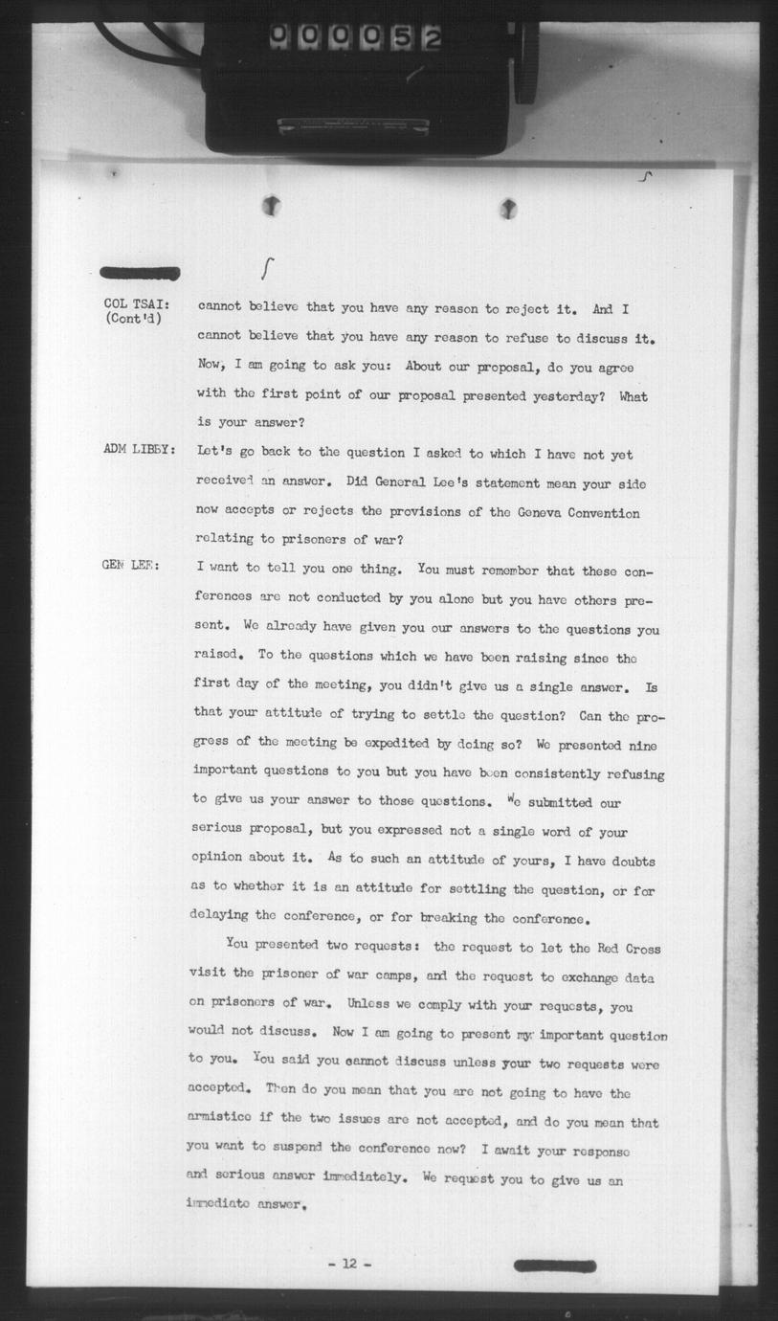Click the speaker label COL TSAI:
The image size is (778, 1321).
(137, 304)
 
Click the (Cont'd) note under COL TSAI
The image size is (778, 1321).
(134, 319)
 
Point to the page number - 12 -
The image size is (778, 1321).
(348, 1264)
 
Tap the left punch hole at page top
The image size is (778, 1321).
(272, 204)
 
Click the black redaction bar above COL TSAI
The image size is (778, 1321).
(140, 273)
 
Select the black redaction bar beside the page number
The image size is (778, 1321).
(556, 1265)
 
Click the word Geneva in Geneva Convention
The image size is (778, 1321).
(546, 513)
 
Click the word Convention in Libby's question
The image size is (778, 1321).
(605, 513)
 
